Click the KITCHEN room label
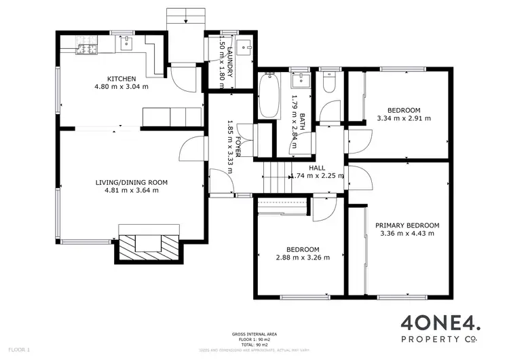pyautogui.click(x=121, y=79)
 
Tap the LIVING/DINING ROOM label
pyautogui.click(x=131, y=182)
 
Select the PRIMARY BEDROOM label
pyautogui.click(x=409, y=226)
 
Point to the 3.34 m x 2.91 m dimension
pyautogui.click(x=404, y=118)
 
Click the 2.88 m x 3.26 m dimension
pyautogui.click(x=303, y=257)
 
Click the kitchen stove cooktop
pyautogui.click(x=87, y=48)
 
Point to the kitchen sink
pyautogui.click(x=126, y=45)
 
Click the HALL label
pyautogui.click(x=317, y=167)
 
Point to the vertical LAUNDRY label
pyautogui.click(x=229, y=62)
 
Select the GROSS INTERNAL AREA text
pyautogui.click(x=254, y=334)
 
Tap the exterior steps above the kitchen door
pyautogui.click(x=185, y=17)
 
